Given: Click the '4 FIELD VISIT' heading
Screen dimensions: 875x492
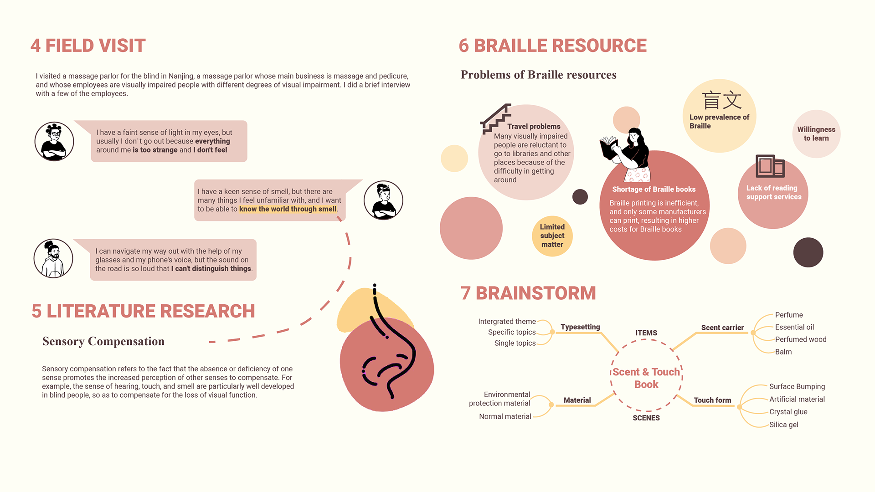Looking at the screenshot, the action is tap(88, 46).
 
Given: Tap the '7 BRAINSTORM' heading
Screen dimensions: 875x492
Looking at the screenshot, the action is tap(528, 293).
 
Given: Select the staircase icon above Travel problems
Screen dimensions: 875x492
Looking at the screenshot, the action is tap(495, 118).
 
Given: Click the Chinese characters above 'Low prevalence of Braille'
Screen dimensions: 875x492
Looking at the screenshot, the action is tap(721, 100).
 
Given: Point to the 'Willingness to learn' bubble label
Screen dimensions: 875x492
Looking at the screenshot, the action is tap(816, 134).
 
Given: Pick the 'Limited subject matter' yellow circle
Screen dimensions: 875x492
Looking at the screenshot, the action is tap(552, 236).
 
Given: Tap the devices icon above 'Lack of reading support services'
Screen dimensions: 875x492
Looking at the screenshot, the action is tap(770, 166).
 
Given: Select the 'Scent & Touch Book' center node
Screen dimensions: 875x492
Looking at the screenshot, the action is tap(646, 378).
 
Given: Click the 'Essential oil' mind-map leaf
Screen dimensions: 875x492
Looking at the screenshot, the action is tap(794, 327).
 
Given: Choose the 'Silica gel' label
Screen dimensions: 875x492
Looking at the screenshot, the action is tap(784, 425).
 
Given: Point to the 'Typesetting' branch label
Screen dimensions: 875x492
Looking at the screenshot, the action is tap(580, 327).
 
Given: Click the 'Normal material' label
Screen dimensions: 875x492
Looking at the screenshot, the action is tap(505, 416).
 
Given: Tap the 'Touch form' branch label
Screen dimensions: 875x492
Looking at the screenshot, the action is tap(712, 400).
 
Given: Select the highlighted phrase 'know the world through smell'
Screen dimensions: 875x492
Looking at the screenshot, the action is tap(288, 209).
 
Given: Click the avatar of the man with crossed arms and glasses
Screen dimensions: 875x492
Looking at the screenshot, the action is tap(54, 142).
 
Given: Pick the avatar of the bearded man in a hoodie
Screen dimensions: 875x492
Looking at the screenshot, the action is tap(53, 258).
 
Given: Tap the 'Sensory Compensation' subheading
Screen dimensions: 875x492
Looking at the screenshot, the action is tap(103, 341).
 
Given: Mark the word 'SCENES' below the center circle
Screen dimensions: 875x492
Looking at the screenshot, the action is tap(646, 418).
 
